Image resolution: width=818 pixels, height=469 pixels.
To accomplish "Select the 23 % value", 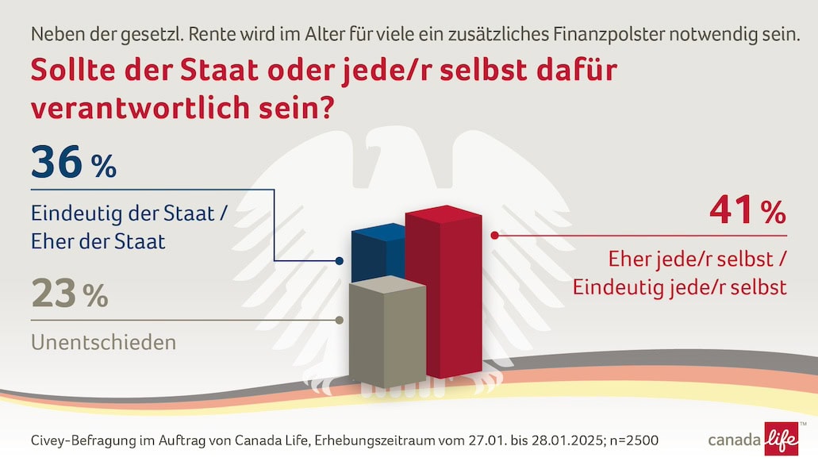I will [70, 294].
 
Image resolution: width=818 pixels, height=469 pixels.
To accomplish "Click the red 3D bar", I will [454, 294].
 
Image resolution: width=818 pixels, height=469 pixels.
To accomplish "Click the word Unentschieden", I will [103, 343].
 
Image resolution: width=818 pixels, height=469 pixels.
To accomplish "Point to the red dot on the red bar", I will [494, 235].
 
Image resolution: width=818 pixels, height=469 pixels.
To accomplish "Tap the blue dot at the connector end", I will [340, 261].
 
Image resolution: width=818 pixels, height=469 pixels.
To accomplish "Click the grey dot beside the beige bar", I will [340, 321].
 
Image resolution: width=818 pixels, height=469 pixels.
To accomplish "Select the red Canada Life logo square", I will [781, 440].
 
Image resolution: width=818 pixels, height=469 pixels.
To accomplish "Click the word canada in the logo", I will [734, 440].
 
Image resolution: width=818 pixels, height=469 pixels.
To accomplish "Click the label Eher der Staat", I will [98, 241].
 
